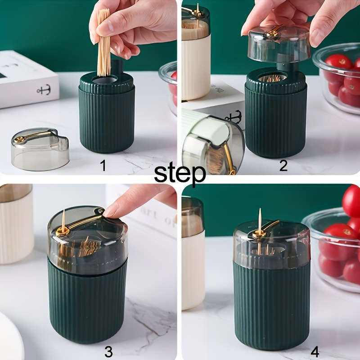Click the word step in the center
180,173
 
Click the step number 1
103,166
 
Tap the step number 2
283,166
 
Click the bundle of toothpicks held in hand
104,43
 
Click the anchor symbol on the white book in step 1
44,89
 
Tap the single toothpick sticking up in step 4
260,220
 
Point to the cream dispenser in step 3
16,225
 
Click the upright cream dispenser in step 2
195,58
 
